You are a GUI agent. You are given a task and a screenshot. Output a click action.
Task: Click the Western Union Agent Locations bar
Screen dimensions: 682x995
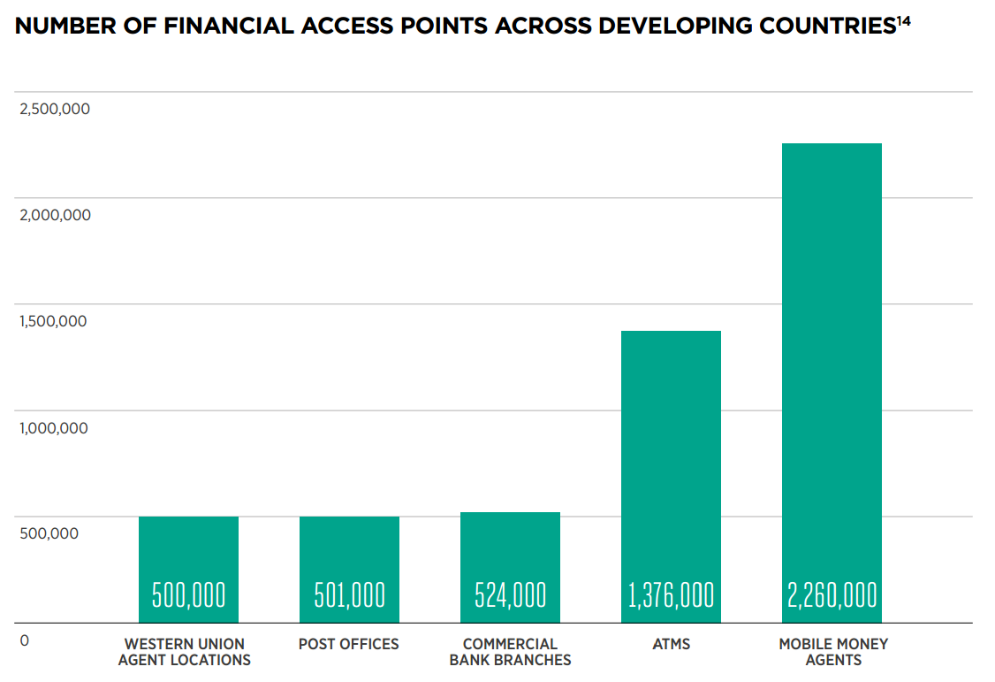(188, 548)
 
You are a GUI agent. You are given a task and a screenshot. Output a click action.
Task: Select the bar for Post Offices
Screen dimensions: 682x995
(349, 548)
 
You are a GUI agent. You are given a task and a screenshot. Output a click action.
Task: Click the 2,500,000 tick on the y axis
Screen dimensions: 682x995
(55, 109)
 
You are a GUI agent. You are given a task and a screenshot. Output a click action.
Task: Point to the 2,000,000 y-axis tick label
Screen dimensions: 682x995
(55, 215)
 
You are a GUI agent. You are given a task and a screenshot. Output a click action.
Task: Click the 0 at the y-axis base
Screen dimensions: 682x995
(24, 640)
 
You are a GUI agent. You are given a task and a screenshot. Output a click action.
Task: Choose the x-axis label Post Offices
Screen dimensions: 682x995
(349, 644)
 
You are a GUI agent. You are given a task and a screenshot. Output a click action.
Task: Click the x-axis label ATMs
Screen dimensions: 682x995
(671, 644)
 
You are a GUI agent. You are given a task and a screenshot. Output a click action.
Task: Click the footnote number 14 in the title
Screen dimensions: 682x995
(903, 19)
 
